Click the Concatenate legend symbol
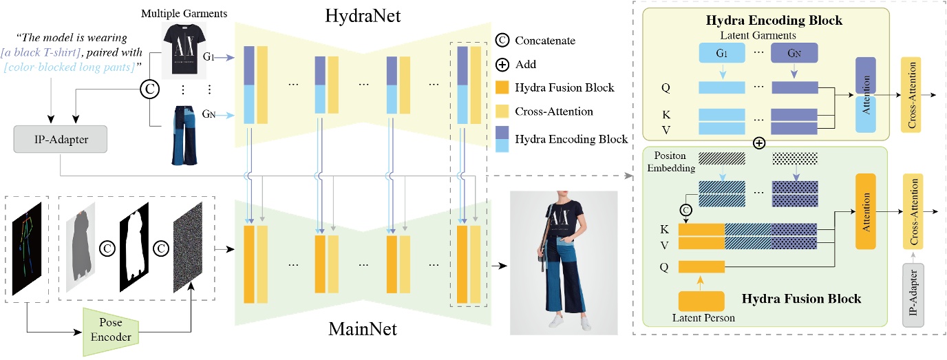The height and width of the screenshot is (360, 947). (x=502, y=41)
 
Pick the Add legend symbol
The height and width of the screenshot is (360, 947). (x=502, y=65)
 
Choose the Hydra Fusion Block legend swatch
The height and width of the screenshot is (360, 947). (x=502, y=89)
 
